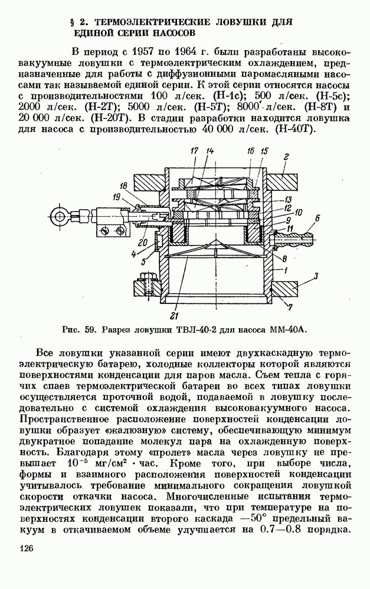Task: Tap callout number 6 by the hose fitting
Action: (x=317, y=219)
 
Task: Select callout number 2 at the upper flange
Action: (x=286, y=156)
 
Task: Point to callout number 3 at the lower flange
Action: (x=317, y=275)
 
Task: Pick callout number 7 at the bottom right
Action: (x=289, y=306)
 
